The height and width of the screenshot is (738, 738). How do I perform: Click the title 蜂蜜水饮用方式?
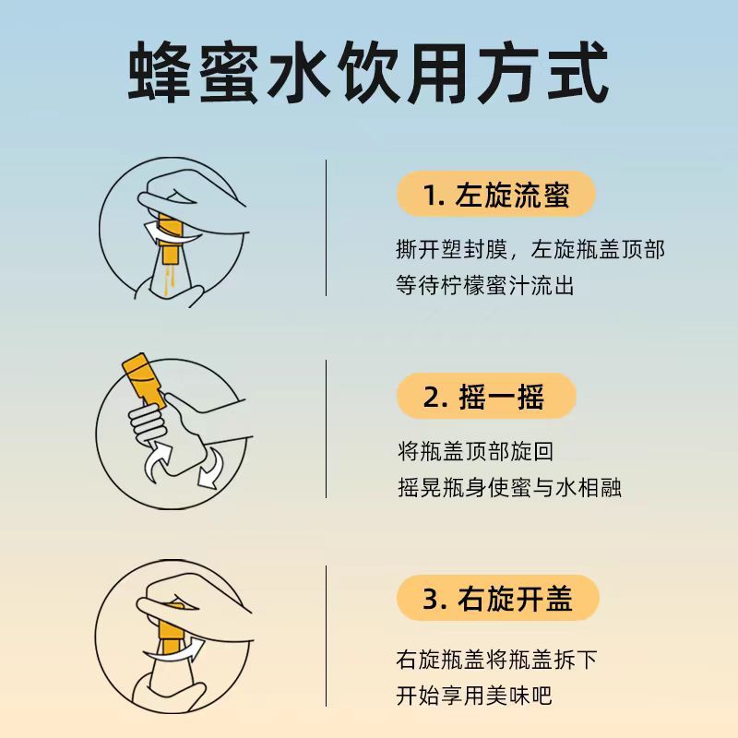(x=368, y=72)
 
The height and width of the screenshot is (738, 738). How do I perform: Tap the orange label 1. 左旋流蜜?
(x=496, y=195)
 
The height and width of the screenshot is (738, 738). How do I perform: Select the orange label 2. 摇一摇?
(x=486, y=396)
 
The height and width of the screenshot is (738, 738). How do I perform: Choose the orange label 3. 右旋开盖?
(x=498, y=598)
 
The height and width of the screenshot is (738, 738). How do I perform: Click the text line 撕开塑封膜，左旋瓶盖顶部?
(x=530, y=249)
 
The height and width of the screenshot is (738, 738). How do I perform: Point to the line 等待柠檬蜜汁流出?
(x=485, y=285)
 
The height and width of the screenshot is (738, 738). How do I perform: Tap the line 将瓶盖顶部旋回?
(x=475, y=451)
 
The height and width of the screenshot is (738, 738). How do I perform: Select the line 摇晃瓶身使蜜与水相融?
(x=509, y=487)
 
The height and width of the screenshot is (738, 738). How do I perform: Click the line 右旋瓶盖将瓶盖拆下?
(x=496, y=659)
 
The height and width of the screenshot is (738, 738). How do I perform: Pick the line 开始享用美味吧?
(x=473, y=696)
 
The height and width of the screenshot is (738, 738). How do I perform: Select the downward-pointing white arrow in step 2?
(x=211, y=469)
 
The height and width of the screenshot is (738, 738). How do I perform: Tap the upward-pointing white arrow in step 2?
(x=157, y=461)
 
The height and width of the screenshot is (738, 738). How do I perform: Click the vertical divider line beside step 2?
(x=326, y=429)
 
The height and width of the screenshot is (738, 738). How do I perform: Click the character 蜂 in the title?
(x=159, y=72)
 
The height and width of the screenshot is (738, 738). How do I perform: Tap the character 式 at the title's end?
(x=578, y=72)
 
